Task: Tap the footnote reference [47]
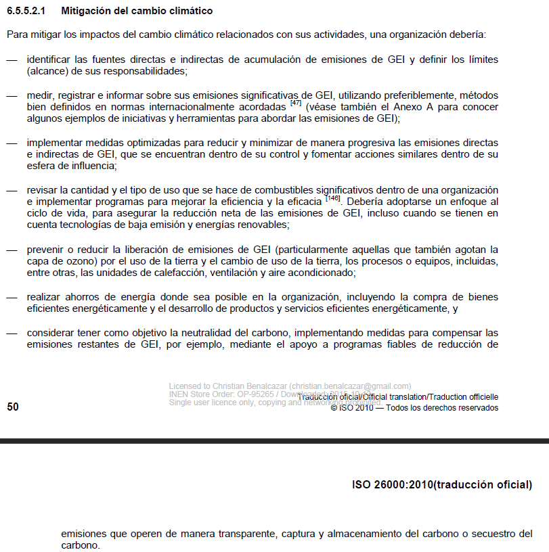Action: pyautogui.click(x=295, y=103)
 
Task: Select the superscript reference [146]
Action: pyautogui.click(x=332, y=198)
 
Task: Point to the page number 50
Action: pyautogui.click(x=12, y=407)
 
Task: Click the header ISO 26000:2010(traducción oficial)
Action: pyautogui.click(x=442, y=485)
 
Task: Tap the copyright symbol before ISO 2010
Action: pyautogui.click(x=334, y=408)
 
